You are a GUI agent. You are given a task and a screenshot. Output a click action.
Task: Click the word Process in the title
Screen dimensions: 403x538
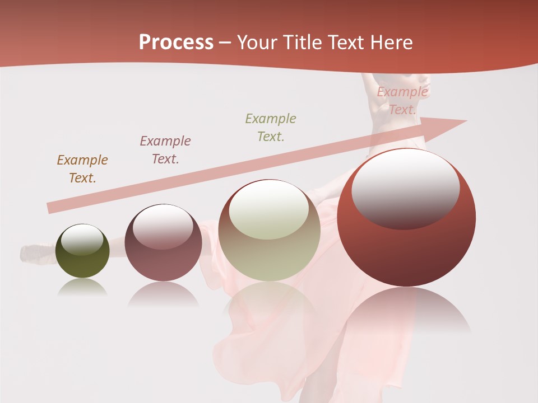tap(176, 43)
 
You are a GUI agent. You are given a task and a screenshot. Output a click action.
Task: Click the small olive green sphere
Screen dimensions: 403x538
tap(82, 251)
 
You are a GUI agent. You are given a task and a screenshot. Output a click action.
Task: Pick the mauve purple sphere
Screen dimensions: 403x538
tap(163, 243)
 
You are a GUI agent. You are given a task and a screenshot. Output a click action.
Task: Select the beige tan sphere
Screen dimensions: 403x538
tap(269, 231)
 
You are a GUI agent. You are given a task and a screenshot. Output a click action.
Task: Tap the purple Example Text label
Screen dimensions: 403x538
tap(165, 150)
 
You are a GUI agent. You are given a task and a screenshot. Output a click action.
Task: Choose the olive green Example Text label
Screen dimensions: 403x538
tap(271, 128)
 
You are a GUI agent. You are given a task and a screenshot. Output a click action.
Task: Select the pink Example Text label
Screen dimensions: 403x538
tap(402, 101)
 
